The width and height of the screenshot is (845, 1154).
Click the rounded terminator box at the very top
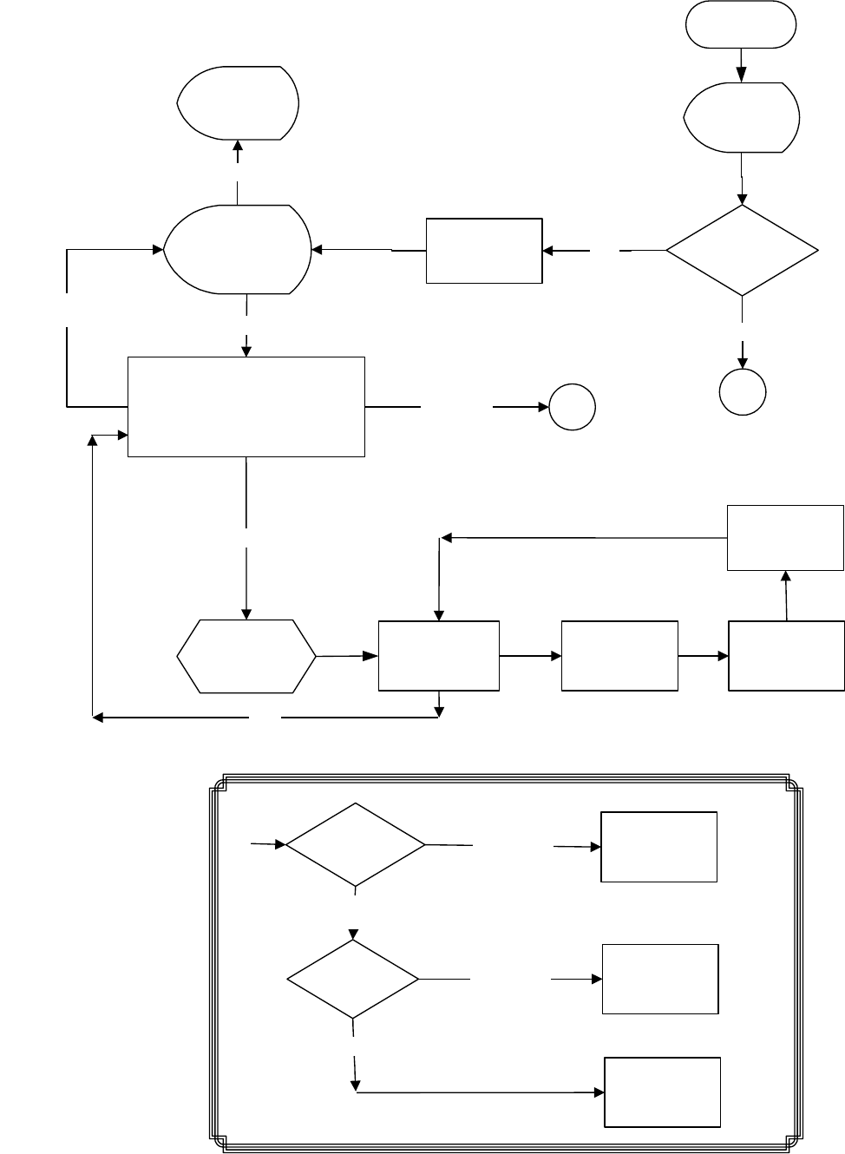point(741,23)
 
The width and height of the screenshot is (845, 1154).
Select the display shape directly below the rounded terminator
point(742,117)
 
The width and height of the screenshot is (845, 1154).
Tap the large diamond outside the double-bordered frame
point(742,251)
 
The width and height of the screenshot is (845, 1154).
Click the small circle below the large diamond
point(743,392)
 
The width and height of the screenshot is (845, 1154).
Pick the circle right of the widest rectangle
point(572,407)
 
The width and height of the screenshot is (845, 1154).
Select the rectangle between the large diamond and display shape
point(484,251)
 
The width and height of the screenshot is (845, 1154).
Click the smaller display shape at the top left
point(239,102)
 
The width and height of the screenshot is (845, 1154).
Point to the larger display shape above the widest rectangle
point(239,250)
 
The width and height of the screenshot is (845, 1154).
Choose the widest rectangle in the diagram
point(246,406)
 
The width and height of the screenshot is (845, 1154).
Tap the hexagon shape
point(246,656)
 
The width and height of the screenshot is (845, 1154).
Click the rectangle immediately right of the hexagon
point(439,656)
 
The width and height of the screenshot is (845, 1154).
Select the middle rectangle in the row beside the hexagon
point(619,656)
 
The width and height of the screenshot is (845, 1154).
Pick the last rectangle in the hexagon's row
point(786,656)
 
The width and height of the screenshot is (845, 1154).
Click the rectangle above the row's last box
point(785,538)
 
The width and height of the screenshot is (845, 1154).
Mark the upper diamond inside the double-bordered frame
point(356,844)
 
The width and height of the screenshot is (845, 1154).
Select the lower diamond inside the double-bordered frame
point(353,979)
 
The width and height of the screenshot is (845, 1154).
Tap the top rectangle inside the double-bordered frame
point(659,847)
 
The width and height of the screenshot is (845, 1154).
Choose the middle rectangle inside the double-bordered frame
point(660,979)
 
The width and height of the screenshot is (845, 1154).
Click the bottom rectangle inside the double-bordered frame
point(662,1092)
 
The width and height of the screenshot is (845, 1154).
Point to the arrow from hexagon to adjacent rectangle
point(347,656)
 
